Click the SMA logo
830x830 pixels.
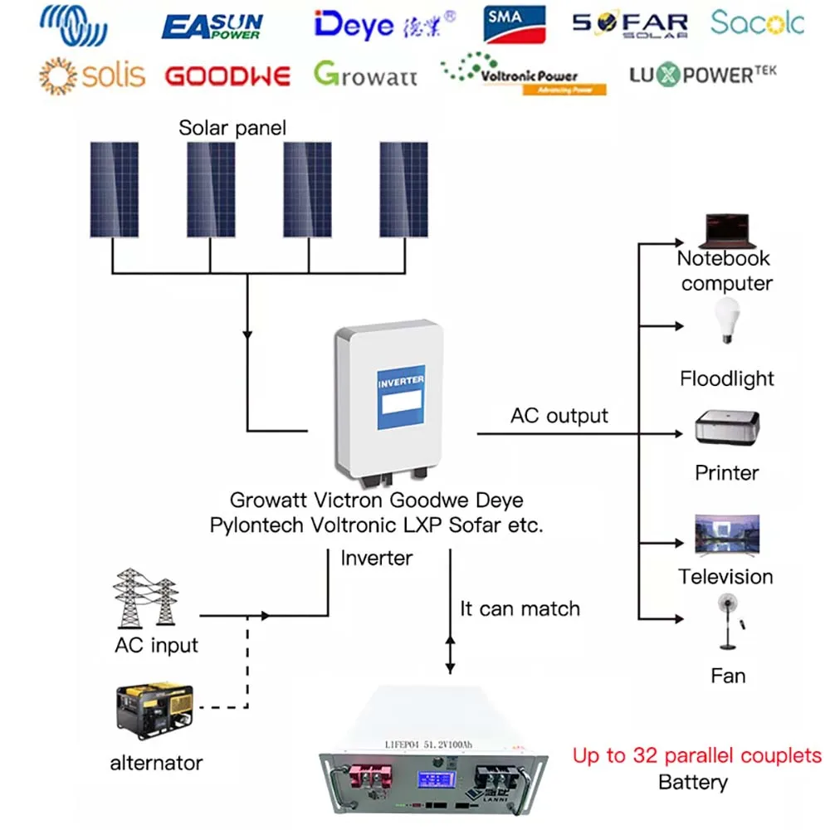pos(515,23)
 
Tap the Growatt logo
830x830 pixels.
pos(365,75)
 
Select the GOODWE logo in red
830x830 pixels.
pos(227,76)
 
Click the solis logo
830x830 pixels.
pos(91,76)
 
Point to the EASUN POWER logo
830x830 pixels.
pos(212,26)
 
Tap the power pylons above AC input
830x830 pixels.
pos(145,598)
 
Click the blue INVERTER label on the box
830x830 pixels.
pos(401,398)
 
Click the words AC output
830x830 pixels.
pos(559,416)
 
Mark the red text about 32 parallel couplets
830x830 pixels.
pos(696,756)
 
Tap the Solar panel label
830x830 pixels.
pos(232,128)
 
